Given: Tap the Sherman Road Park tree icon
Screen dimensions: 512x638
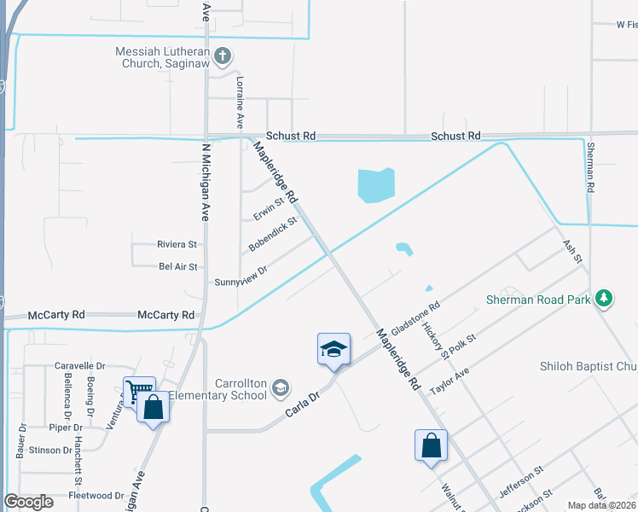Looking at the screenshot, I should click(x=604, y=298).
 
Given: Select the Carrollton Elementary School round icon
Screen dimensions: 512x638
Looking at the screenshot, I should click(x=280, y=390).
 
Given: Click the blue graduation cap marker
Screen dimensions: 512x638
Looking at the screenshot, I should click(x=333, y=350).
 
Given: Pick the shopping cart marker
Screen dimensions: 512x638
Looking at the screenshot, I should click(x=138, y=392).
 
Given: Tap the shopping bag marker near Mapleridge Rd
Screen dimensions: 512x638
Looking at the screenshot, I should click(x=431, y=445).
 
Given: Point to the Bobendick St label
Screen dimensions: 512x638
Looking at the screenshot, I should click(x=272, y=234).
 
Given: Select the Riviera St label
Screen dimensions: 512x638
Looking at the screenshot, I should click(x=177, y=244).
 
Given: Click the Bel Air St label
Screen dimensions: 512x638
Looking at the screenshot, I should click(x=178, y=267).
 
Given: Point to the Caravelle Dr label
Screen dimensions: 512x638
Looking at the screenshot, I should click(x=79, y=365).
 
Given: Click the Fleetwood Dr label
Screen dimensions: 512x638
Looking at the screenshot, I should click(x=96, y=495).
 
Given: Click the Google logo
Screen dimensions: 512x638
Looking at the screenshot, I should click(x=28, y=502).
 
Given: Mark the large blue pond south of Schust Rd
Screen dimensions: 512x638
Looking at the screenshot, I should click(x=376, y=185).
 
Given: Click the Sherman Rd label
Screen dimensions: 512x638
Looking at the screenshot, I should click(x=589, y=166).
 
